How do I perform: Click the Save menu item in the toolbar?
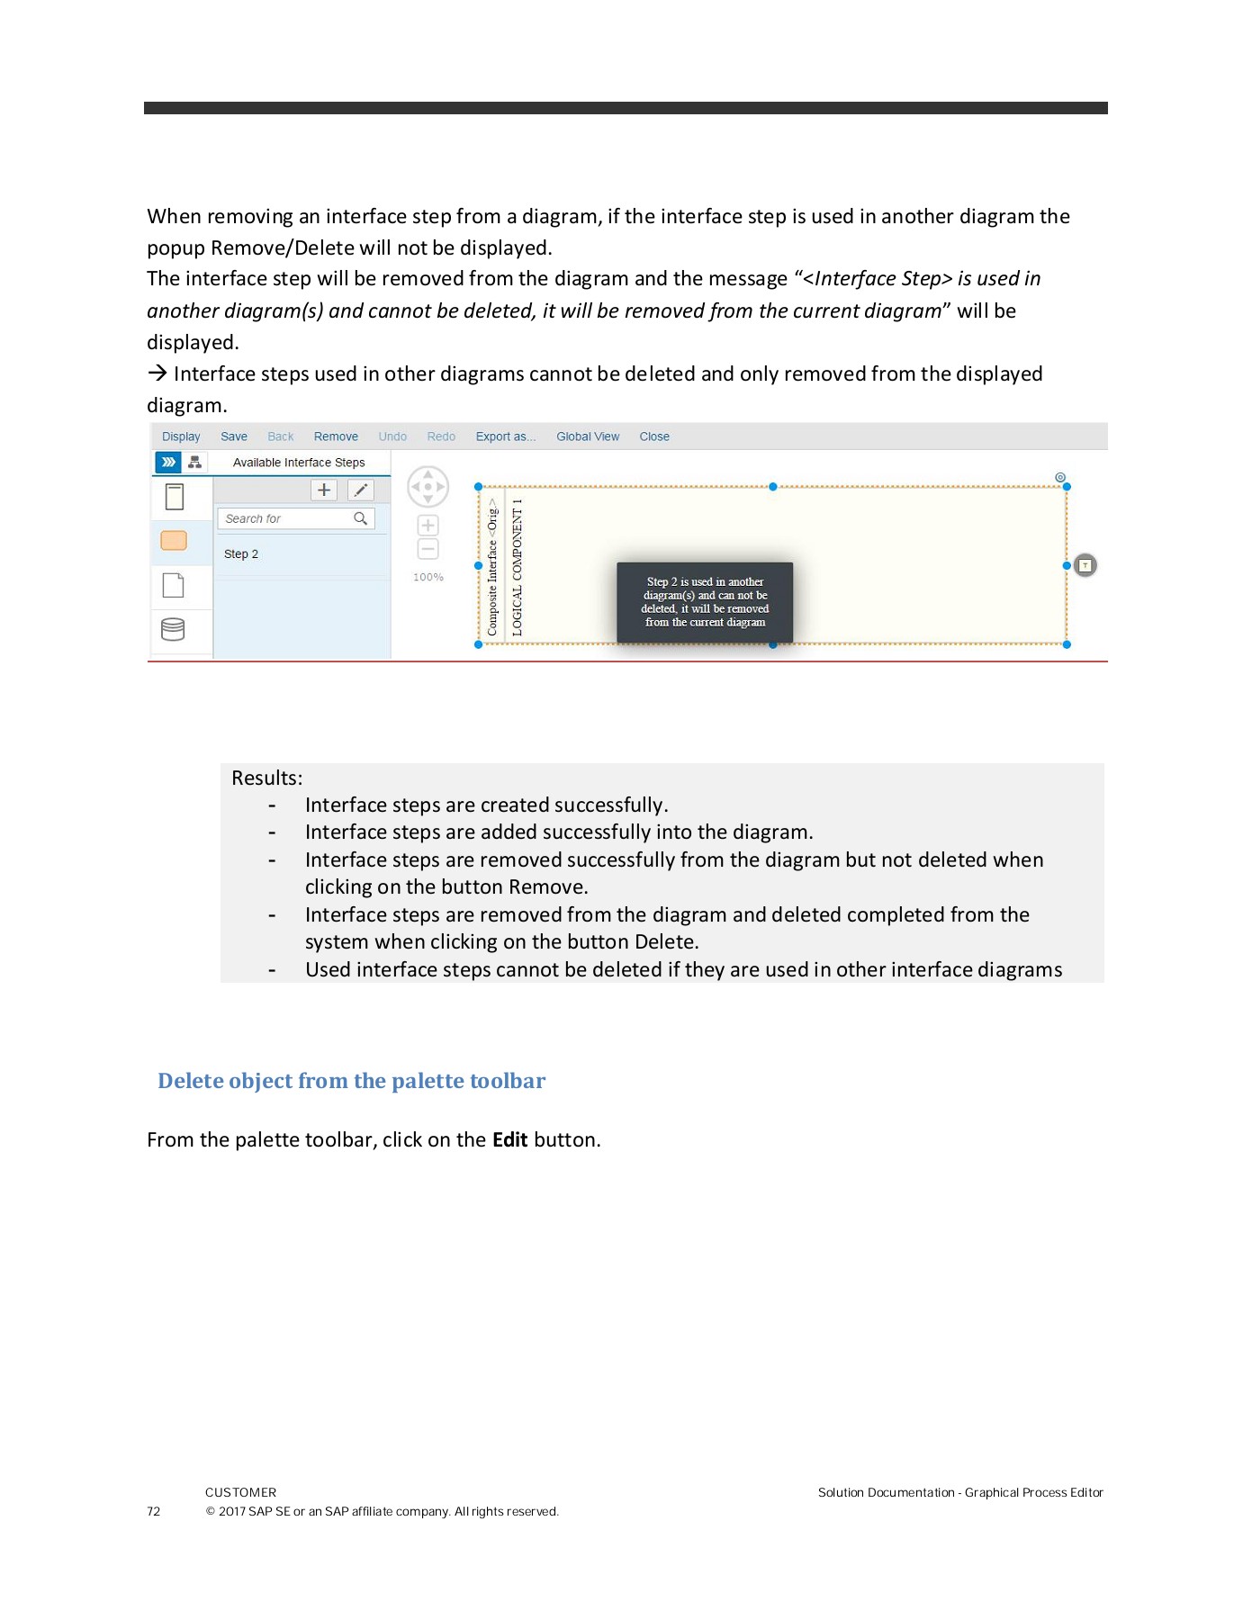click(x=234, y=436)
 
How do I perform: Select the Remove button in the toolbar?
click(x=336, y=436)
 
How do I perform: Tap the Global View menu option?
click(x=588, y=436)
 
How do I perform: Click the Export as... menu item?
click(x=505, y=436)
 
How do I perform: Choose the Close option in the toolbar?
click(x=654, y=436)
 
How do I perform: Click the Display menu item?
click(x=181, y=436)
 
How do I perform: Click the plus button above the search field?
click(x=324, y=490)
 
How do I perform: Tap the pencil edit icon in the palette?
click(x=361, y=490)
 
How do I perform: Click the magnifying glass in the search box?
click(x=361, y=518)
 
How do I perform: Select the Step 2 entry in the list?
click(x=241, y=554)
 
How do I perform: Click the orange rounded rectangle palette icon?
click(x=174, y=540)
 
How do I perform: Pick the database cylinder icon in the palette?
click(x=173, y=629)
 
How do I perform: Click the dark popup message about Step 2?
click(x=705, y=602)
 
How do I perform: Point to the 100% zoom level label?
click(x=428, y=578)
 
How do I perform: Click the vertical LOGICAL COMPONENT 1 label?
click(x=518, y=567)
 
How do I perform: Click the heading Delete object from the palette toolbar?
click(x=351, y=1081)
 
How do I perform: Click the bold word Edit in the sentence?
click(x=509, y=1140)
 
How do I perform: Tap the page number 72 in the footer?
click(x=154, y=1512)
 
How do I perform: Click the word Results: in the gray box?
click(x=266, y=778)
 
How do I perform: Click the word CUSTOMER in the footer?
click(x=240, y=1492)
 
